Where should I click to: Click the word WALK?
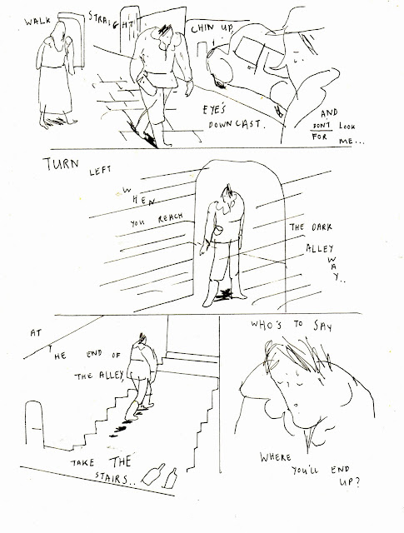click(x=37, y=22)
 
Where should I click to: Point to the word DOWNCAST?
click(x=236, y=124)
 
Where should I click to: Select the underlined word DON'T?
click(x=322, y=126)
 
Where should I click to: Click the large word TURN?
click(x=62, y=164)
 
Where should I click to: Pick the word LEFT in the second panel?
click(x=100, y=170)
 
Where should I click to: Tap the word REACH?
click(x=171, y=217)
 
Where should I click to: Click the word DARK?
click(x=322, y=227)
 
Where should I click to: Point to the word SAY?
click(x=322, y=326)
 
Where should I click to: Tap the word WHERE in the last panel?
click(x=276, y=457)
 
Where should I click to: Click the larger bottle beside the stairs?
click(x=153, y=474)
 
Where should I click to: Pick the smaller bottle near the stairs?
click(x=171, y=478)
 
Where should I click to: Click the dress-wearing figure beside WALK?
click(x=56, y=75)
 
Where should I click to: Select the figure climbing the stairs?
click(x=140, y=376)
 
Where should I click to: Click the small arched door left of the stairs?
click(x=35, y=424)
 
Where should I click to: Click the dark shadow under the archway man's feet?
click(x=223, y=295)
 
